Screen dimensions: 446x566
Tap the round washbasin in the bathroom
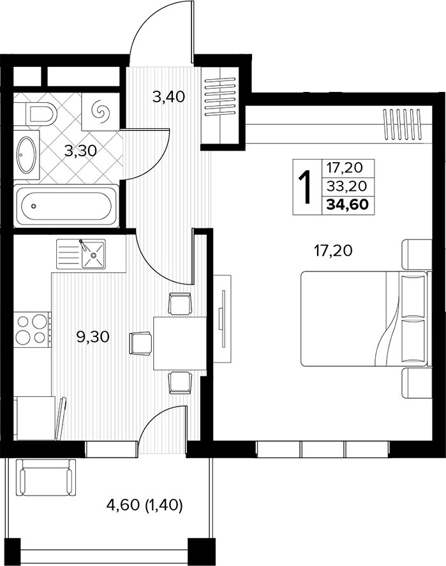[26, 154]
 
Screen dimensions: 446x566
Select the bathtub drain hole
[34, 206]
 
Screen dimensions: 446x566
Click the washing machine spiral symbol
[100, 112]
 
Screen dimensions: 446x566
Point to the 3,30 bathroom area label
[80, 151]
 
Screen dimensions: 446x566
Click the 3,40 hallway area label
[168, 97]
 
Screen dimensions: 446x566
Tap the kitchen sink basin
[93, 255]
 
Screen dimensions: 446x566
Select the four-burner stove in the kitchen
[32, 329]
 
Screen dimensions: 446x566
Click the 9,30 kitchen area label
[93, 337]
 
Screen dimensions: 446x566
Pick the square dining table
[179, 343]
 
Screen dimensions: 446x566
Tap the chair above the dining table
[179, 304]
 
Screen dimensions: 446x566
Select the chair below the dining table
[180, 383]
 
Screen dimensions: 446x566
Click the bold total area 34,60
[348, 204]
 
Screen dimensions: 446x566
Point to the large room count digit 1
[306, 187]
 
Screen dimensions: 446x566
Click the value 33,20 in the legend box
[346, 186]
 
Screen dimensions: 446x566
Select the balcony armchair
[46, 477]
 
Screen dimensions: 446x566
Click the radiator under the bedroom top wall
[402, 124]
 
